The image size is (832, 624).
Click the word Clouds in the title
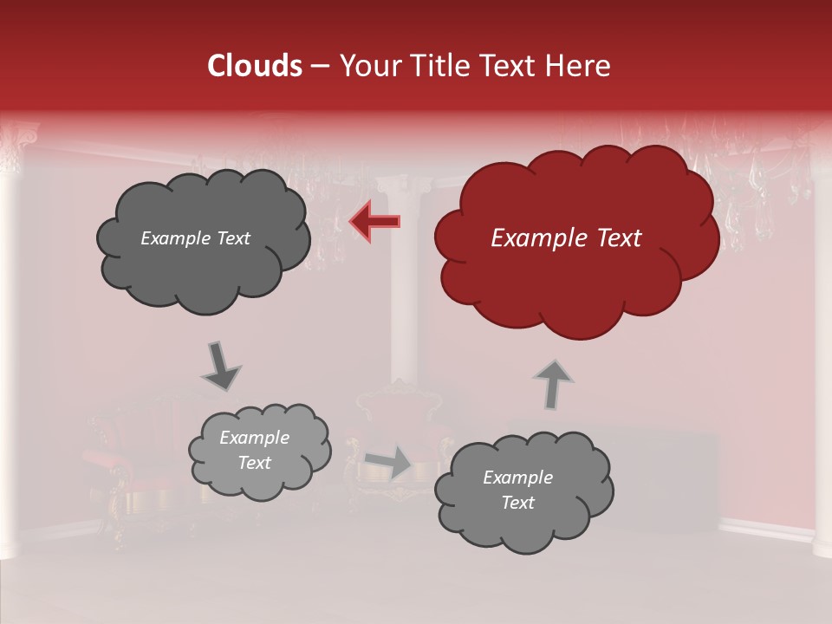[255, 66]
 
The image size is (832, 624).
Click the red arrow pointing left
[374, 221]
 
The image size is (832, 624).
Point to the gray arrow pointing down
[220, 366]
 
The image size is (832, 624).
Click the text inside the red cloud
[566, 238]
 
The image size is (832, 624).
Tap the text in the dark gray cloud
[195, 238]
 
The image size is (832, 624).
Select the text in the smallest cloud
[254, 451]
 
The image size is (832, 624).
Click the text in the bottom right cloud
[517, 490]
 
